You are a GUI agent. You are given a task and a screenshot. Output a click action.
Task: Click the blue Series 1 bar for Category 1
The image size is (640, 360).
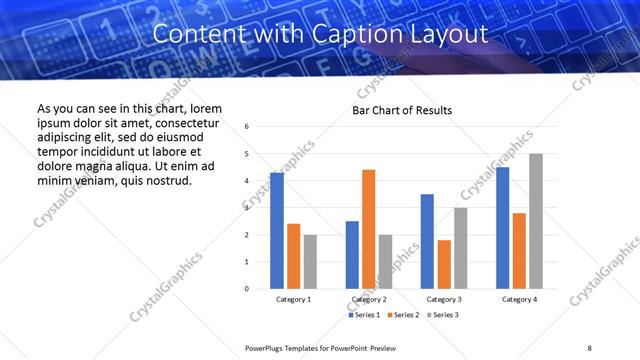point(277,231)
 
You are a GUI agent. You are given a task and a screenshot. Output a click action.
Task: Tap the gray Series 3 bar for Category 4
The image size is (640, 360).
point(536,221)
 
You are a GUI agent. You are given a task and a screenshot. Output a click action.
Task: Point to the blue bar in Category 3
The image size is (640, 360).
point(427,241)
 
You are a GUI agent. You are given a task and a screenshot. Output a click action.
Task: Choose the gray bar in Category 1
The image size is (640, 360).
point(310,261)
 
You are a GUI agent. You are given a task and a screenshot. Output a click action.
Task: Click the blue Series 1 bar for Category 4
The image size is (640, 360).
point(502,228)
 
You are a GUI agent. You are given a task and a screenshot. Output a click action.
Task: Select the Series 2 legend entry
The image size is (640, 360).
point(403,315)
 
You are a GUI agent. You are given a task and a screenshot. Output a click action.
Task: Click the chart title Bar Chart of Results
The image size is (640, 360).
point(402,110)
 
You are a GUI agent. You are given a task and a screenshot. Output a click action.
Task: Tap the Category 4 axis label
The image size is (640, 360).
point(519,299)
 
